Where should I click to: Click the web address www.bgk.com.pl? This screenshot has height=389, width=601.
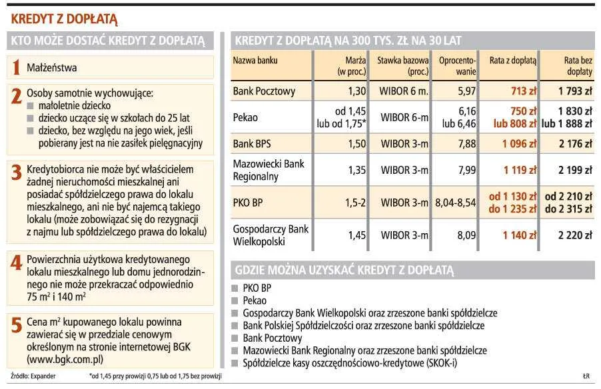pos(65,359)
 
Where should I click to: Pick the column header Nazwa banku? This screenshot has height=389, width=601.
pos(255,61)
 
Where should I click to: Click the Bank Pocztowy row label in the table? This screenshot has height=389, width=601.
pos(264,91)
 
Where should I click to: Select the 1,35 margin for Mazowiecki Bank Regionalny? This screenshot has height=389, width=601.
pos(356,170)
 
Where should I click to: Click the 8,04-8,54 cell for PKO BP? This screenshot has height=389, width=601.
pos(455,202)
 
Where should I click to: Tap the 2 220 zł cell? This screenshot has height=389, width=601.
pos(575,234)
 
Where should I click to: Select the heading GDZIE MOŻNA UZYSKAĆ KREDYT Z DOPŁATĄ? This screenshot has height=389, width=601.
pos(344,270)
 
